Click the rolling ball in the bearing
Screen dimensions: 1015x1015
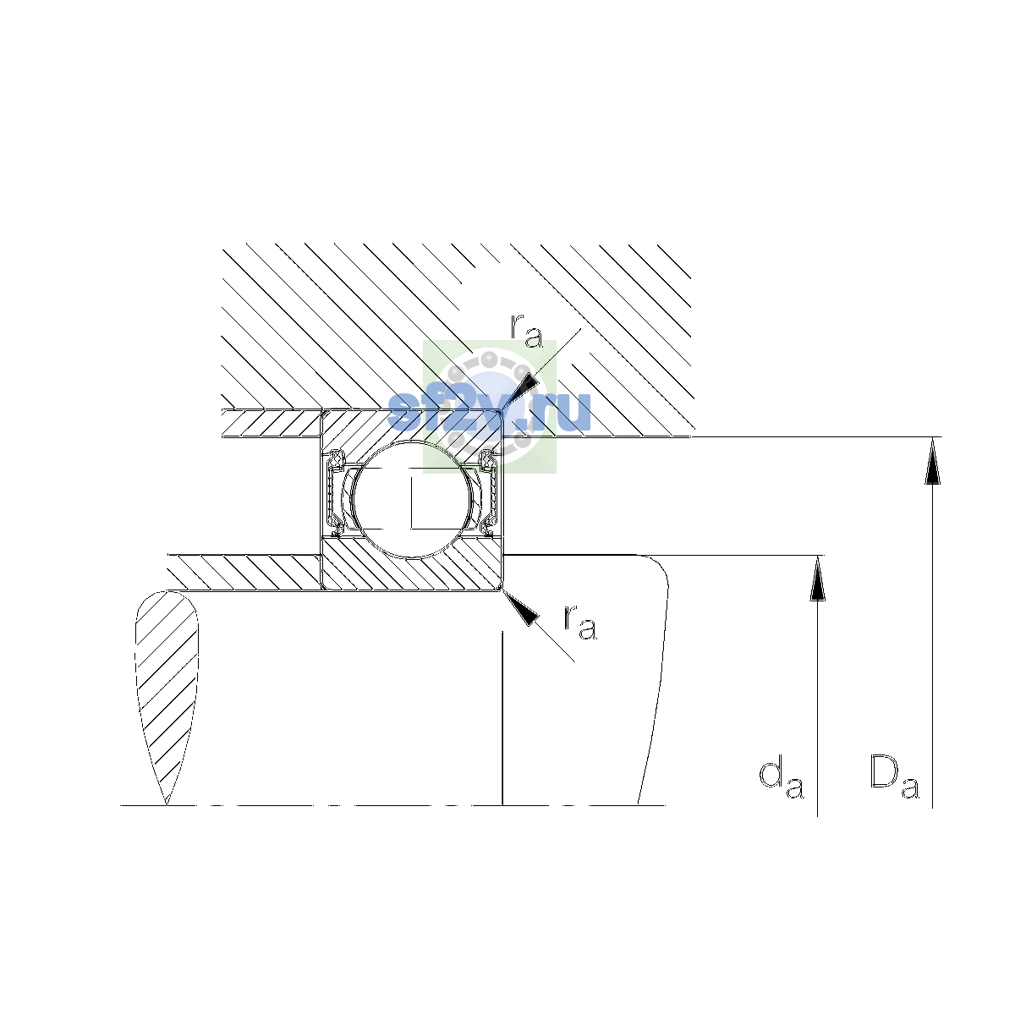tap(413, 499)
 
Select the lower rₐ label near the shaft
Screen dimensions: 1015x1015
tap(580, 623)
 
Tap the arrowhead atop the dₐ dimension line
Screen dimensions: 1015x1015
tap(817, 578)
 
